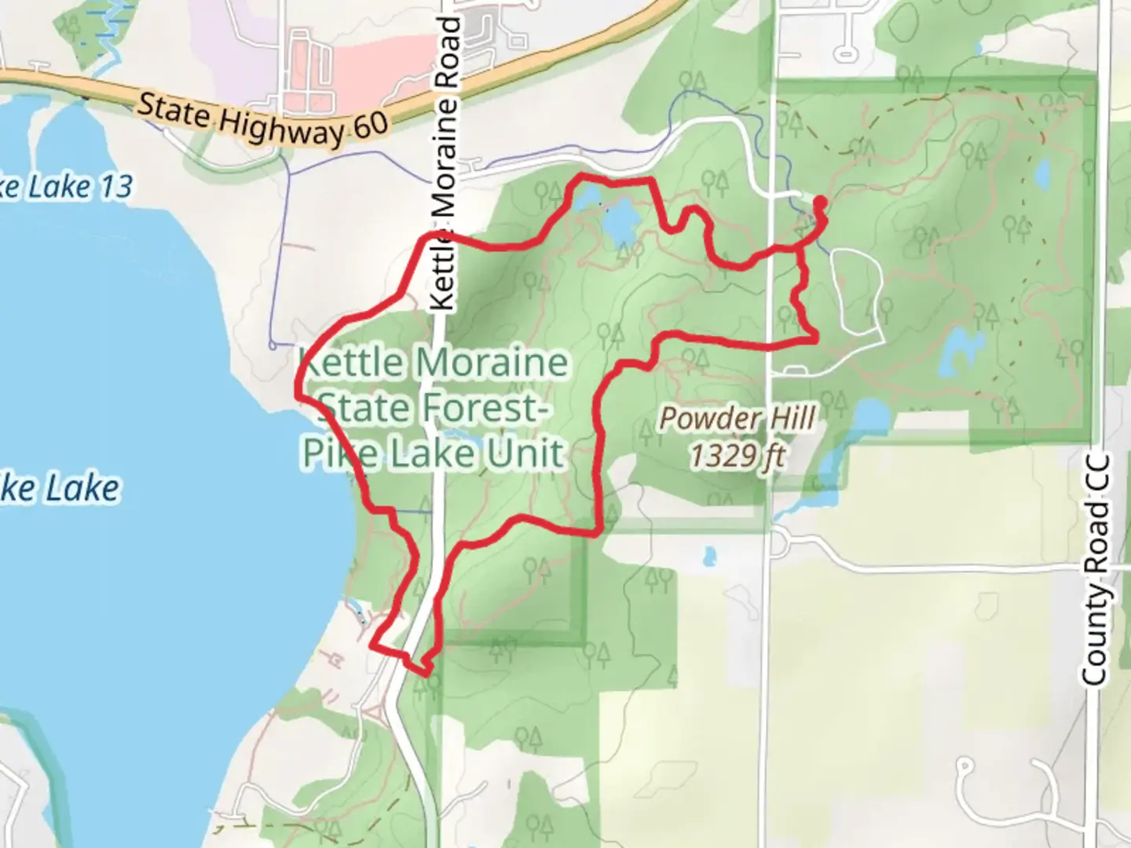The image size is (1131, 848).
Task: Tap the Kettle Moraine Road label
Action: tap(445, 165)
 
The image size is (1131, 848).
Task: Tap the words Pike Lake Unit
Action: tap(434, 453)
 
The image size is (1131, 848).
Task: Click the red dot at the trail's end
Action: tap(819, 203)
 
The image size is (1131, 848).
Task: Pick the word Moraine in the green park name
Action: tap(492, 363)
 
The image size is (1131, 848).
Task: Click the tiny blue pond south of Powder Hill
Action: tap(709, 557)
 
